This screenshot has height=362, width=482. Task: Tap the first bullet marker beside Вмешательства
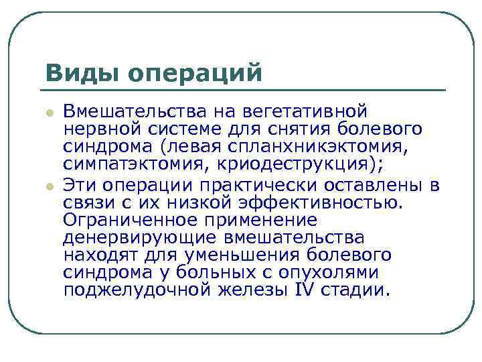pyautogui.click(x=50, y=113)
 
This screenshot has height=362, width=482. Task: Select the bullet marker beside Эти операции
pyautogui.click(x=50, y=186)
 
